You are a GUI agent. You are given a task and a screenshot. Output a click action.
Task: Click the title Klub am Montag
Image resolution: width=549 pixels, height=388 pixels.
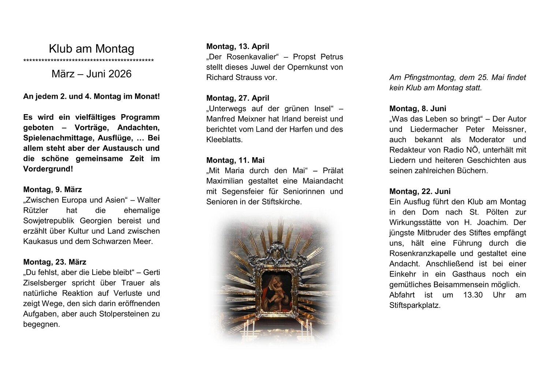91,49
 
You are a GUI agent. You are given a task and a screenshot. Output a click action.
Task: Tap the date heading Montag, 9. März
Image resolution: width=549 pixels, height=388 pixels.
52,189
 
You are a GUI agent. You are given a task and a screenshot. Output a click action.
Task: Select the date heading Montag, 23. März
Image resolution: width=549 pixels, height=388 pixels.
55,262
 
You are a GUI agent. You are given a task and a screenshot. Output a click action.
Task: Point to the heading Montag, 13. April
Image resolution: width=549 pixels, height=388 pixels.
238,46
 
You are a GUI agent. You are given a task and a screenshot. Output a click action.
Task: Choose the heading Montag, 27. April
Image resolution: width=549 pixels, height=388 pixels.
238,98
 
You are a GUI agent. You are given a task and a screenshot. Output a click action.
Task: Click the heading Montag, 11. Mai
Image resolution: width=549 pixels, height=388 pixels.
235,160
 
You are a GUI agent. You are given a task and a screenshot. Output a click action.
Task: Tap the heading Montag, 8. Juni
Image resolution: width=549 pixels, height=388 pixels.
418,109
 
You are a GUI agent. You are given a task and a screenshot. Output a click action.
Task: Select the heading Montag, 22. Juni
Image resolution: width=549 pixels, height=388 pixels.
420,191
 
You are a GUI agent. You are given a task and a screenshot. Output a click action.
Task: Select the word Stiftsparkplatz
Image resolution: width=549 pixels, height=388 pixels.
415,305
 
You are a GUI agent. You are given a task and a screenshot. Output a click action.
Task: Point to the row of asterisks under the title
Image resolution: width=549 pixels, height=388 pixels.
88,61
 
